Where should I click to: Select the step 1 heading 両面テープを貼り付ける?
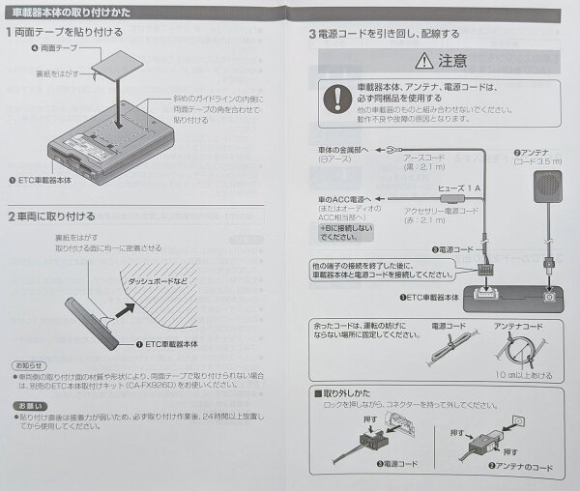coord(70,33)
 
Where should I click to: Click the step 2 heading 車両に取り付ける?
coord(56,216)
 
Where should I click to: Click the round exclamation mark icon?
coord(337,99)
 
